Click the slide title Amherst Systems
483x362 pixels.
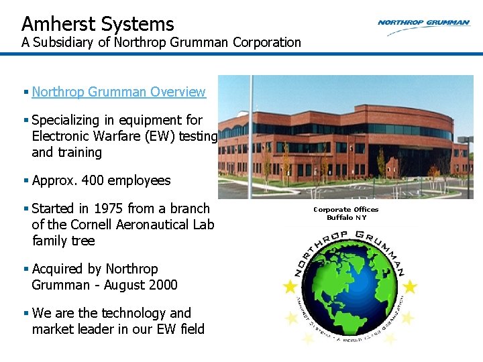click(x=98, y=24)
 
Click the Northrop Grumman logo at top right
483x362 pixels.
click(x=423, y=23)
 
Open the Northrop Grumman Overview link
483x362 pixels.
click(x=118, y=92)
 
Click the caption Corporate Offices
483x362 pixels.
click(x=346, y=209)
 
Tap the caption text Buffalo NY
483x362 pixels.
click(x=346, y=217)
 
